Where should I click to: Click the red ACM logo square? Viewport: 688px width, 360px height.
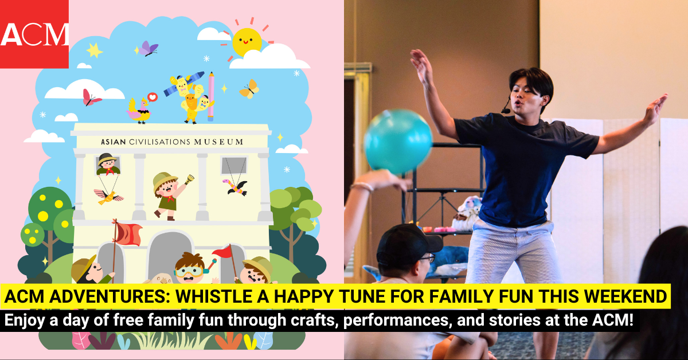click(34, 34)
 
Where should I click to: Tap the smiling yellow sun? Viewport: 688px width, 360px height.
click(247, 41)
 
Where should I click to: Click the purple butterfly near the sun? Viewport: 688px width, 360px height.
click(148, 48)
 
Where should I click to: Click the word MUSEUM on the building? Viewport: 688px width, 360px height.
click(218, 142)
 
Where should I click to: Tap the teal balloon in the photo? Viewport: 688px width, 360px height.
click(398, 141)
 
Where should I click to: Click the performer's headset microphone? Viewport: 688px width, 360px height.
click(505, 109)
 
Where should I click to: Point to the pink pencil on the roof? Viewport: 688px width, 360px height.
click(211, 95)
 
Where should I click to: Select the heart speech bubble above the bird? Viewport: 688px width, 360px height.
click(153, 98)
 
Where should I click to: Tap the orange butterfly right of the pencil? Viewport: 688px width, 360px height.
click(249, 89)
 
